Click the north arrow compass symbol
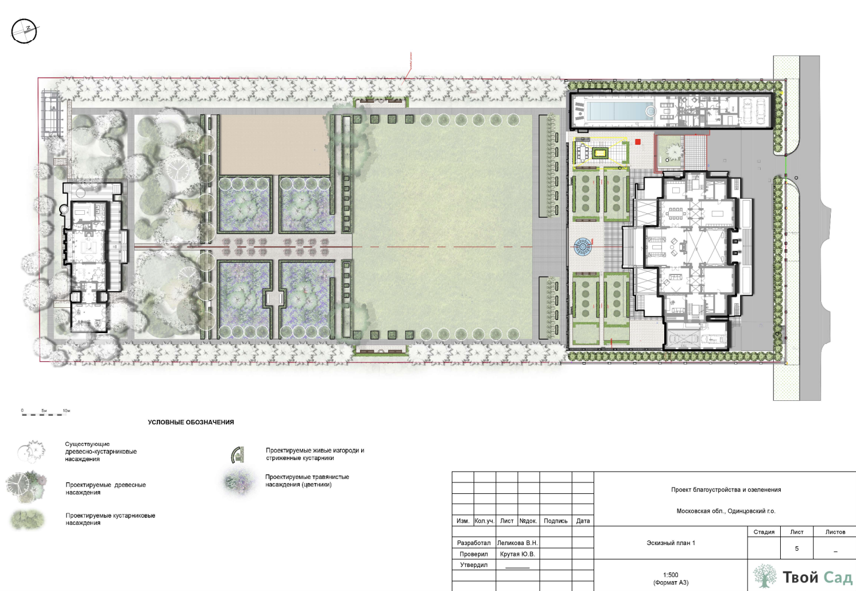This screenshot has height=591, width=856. (x=24, y=31)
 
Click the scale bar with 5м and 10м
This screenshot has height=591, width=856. (x=44, y=412)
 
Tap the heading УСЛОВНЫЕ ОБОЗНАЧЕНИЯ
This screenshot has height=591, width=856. (x=191, y=422)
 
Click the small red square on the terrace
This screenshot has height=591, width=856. (x=637, y=142)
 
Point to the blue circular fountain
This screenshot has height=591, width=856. (x=582, y=246)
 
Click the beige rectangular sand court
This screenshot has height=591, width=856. (x=274, y=145)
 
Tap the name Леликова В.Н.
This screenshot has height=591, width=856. (x=517, y=543)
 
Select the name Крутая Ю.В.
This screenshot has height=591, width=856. (x=517, y=554)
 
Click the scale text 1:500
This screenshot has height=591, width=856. (x=671, y=575)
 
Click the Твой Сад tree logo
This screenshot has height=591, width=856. (x=765, y=575)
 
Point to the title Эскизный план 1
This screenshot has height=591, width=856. (x=671, y=543)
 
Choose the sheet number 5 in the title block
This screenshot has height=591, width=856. (x=797, y=548)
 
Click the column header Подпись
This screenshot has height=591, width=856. (x=556, y=521)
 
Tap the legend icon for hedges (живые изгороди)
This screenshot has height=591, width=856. (x=237, y=454)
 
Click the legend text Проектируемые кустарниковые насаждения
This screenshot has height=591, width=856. (x=110, y=519)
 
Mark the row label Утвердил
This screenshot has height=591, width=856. (x=474, y=565)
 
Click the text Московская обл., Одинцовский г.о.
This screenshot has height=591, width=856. (x=726, y=511)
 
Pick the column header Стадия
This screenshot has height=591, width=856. (x=764, y=532)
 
